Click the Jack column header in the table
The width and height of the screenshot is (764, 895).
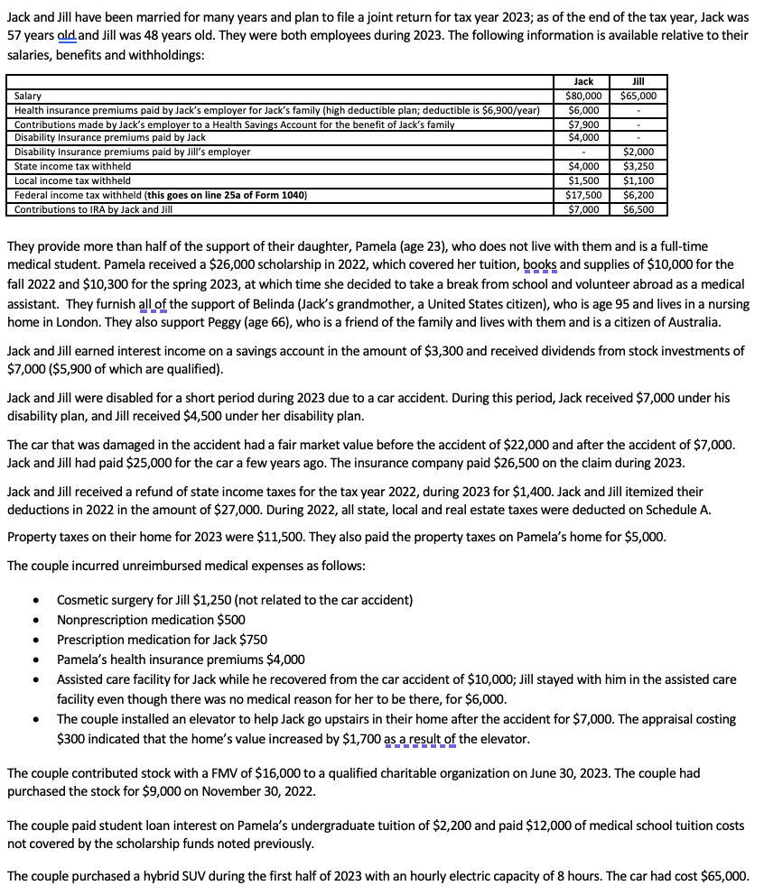583,81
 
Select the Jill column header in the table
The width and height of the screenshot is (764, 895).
639,81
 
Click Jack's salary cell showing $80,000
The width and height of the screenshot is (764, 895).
583,96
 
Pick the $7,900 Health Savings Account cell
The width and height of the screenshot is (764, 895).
583,124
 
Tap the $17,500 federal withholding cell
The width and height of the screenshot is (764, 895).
583,195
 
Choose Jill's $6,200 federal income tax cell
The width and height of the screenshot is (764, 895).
639,195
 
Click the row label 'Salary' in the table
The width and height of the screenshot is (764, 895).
28,96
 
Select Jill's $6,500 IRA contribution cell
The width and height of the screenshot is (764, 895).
639,209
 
